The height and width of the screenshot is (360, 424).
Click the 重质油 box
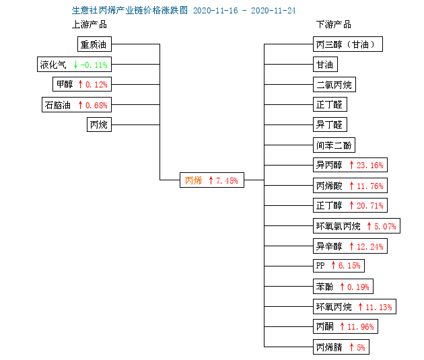click(94, 44)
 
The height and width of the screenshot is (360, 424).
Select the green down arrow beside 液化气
click(75, 65)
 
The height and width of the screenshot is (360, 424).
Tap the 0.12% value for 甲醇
click(96, 85)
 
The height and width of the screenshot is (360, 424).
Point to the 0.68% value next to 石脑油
click(96, 105)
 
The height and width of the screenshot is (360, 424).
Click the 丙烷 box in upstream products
click(99, 124)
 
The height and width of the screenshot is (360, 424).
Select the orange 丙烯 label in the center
click(193, 180)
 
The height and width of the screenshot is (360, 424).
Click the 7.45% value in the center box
click(227, 180)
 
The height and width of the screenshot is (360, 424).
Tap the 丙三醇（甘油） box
click(348, 44)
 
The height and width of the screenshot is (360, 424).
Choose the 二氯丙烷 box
click(334, 85)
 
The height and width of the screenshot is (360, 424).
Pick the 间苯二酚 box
click(334, 145)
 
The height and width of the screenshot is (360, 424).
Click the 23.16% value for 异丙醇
click(370, 165)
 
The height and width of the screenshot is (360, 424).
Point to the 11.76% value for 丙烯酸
click(370, 186)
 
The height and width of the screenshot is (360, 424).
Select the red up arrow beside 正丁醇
click(351, 206)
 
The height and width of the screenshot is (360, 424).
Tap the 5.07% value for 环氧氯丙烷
click(385, 226)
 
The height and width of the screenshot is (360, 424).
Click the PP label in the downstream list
click(320, 265)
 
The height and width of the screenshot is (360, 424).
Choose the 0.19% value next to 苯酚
click(358, 287)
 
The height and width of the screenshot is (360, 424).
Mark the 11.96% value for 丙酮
click(361, 327)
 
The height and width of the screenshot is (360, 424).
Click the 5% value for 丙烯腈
click(361, 347)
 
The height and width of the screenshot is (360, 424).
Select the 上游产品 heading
click(90, 25)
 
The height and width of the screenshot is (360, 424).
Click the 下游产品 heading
click(334, 25)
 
